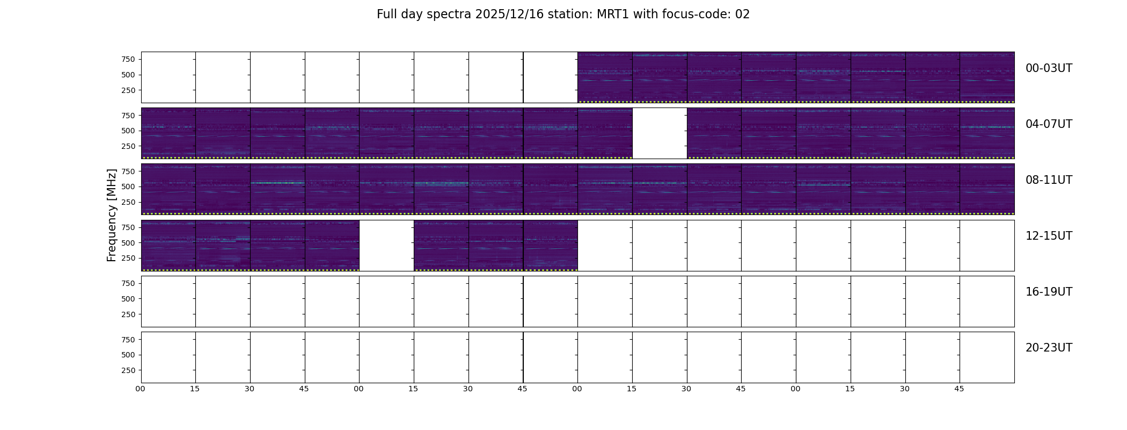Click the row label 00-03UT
1049,68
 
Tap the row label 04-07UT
1049,124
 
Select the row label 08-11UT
1049,180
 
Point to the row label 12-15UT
1049,236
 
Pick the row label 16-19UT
1049,292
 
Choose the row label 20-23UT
1049,348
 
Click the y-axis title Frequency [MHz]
112,215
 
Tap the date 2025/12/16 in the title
507,15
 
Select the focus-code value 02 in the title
742,15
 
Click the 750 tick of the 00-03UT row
128,59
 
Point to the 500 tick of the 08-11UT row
128,187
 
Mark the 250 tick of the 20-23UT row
128,370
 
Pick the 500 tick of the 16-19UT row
128,299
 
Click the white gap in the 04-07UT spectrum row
660,133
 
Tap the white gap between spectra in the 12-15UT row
386,245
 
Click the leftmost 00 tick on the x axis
141,389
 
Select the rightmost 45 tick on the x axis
959,389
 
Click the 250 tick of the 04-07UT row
128,146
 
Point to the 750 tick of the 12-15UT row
128,227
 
